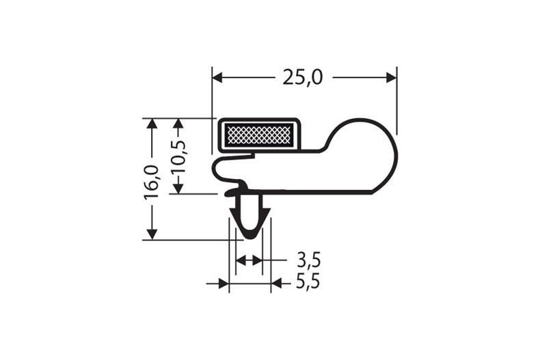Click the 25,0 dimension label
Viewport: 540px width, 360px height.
pos(303,77)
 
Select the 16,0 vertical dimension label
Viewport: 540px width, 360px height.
pos(151,182)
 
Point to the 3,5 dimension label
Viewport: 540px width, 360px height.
pos(308,260)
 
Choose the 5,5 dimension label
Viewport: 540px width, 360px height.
pos(308,282)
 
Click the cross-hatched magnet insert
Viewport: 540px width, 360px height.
pos(258,135)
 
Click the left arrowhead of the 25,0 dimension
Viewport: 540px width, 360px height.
pos(217,77)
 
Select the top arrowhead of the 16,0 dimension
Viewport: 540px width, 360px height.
pos(152,124)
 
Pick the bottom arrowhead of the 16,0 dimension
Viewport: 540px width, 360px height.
pos(152,234)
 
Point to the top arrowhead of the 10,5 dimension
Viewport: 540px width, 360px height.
pos(179,124)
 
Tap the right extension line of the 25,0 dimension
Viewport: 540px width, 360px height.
pos(396,102)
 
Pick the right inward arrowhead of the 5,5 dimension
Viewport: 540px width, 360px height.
pos(276,283)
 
